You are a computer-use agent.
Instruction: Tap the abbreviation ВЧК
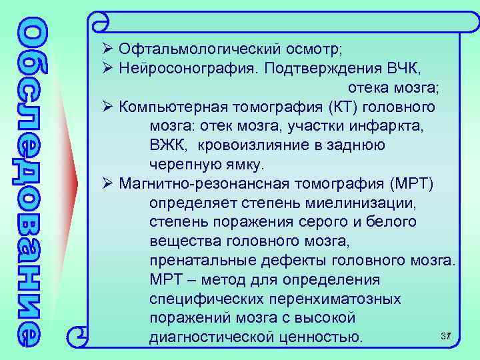[x=403, y=69]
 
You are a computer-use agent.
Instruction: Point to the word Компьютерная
[x=173, y=107]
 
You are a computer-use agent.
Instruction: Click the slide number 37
[x=446, y=335]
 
